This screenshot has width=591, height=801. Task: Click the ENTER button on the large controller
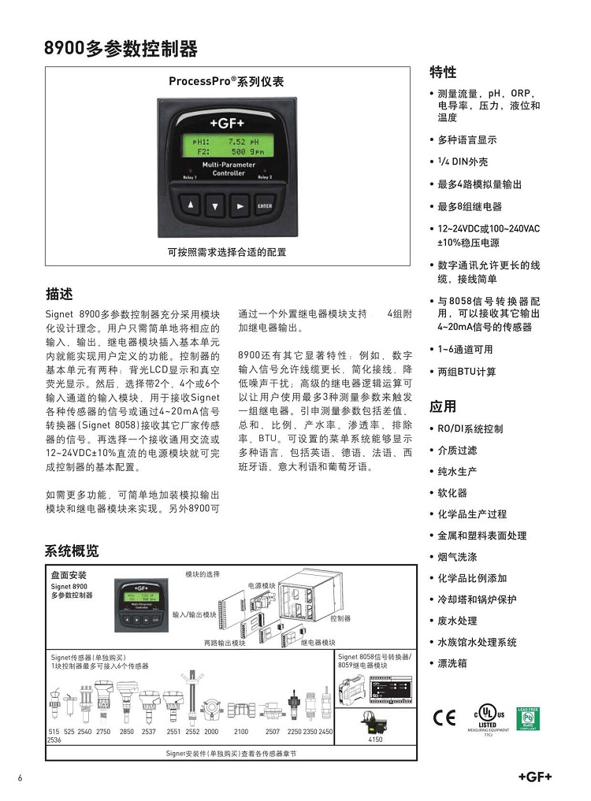pyautogui.click(x=264, y=206)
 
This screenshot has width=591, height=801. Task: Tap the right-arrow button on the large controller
pyautogui.click(x=240, y=206)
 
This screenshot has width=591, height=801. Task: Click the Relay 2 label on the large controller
pyautogui.click(x=265, y=178)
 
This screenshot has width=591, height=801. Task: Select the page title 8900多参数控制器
pyautogui.click(x=121, y=49)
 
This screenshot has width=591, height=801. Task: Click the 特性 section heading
pyautogui.click(x=442, y=72)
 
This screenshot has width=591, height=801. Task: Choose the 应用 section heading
pyautogui.click(x=442, y=407)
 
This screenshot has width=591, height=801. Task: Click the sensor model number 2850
pyautogui.click(x=126, y=732)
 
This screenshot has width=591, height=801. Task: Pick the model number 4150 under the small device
pyautogui.click(x=376, y=740)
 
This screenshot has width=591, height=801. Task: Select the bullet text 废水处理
pyautogui.click(x=457, y=621)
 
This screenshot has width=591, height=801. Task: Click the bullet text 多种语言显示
pyautogui.click(x=467, y=140)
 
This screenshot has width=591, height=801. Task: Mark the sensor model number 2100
pyautogui.click(x=240, y=732)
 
